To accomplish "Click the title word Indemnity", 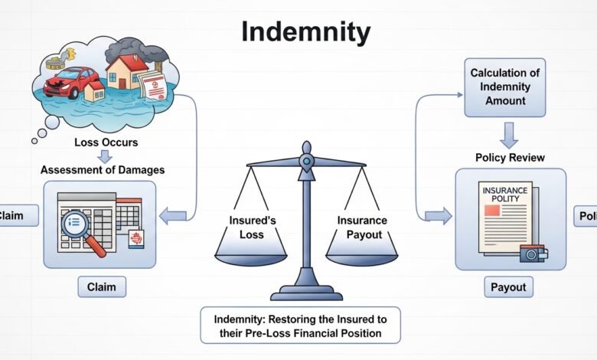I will [x=305, y=32].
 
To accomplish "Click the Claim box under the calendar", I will [x=102, y=287].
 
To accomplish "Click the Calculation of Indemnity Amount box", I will [x=505, y=87].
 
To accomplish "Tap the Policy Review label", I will [x=511, y=157].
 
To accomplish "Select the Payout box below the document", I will [x=508, y=287].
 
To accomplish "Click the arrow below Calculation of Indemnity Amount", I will [x=509, y=133].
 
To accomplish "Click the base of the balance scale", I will [x=306, y=292].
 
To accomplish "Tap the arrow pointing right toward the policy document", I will [x=438, y=217].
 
